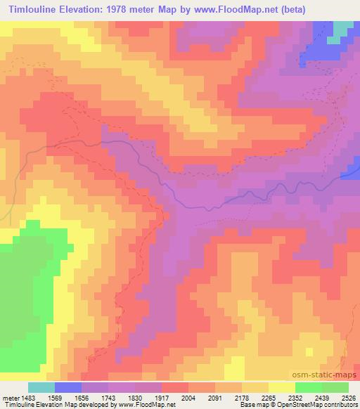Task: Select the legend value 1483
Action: (x=27, y=397)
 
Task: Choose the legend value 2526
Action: (x=349, y=397)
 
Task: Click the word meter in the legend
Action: (x=9, y=397)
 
